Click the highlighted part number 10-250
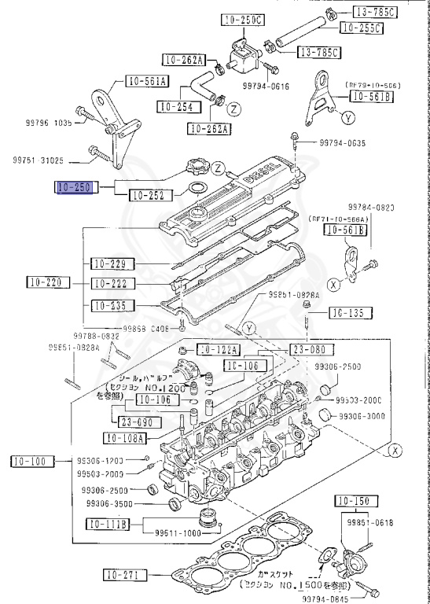[x=75, y=188]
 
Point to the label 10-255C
[x=361, y=28]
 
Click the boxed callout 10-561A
[x=147, y=80]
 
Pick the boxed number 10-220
[x=46, y=282]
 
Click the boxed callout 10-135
[x=346, y=313]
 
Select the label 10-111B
[x=108, y=524]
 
